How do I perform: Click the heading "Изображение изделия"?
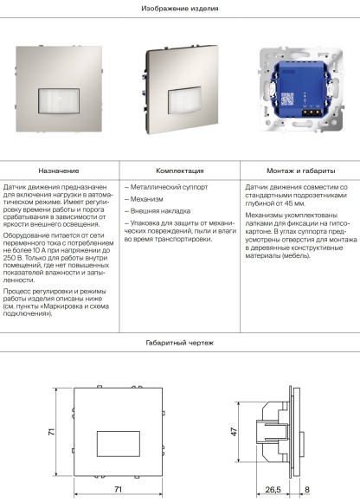tap(180, 9)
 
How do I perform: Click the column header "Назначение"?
tap(59, 171)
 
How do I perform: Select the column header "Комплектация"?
tap(180, 171)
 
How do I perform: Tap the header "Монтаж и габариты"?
tap(301, 171)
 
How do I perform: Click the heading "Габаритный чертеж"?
tap(180, 343)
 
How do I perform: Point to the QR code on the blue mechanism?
tap(287, 99)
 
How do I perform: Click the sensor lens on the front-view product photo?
tap(59, 101)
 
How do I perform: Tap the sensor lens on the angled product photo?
tap(184, 100)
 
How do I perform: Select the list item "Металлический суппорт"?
tap(166, 187)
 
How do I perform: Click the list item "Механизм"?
tap(144, 199)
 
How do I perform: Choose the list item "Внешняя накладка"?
tap(157, 211)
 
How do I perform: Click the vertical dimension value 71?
tap(51, 432)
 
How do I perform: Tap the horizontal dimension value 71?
tap(118, 489)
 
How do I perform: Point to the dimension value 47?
tap(234, 432)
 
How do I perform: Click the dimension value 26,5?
tap(273, 490)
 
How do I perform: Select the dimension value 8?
tap(307, 490)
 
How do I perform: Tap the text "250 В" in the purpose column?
tap(13, 258)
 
